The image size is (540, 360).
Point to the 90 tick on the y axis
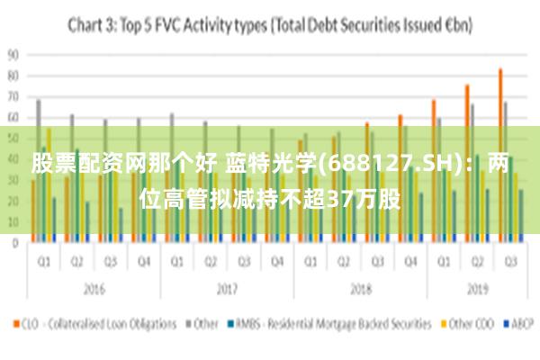point(13,54)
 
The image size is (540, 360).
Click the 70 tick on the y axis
point(13,96)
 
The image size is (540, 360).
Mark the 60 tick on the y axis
point(13,117)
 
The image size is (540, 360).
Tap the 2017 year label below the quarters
point(226,291)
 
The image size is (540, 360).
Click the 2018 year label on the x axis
point(361,291)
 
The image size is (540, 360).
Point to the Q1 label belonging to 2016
point(42,264)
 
